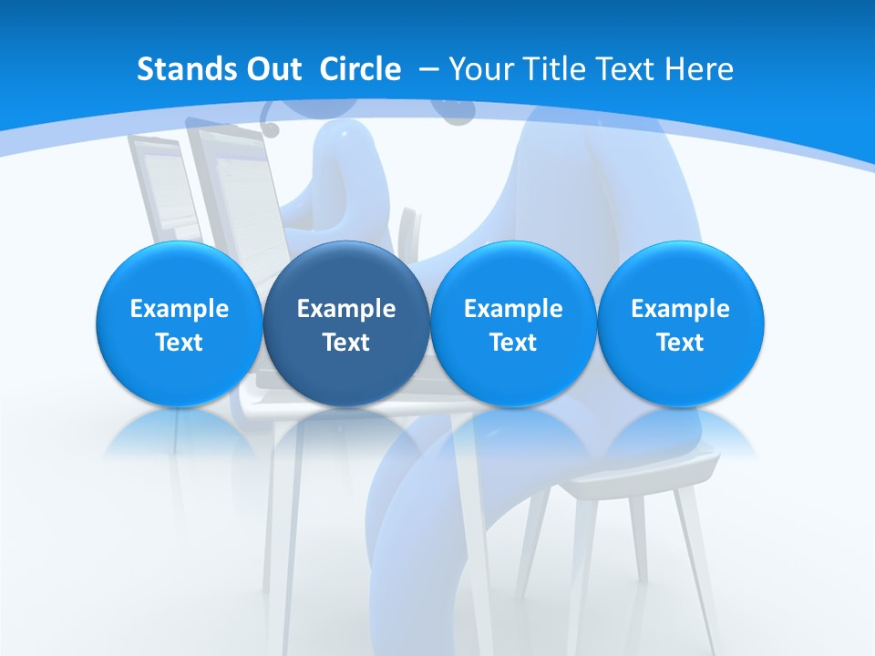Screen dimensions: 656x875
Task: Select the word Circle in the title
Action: coord(360,69)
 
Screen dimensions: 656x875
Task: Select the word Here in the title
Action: coord(702,69)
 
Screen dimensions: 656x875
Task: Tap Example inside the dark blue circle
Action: coord(346,309)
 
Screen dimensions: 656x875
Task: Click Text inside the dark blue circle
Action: coord(346,343)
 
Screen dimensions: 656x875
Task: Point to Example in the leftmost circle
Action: coord(179,309)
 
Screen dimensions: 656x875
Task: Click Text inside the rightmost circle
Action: coord(681,343)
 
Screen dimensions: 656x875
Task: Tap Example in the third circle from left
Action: coord(513,309)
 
